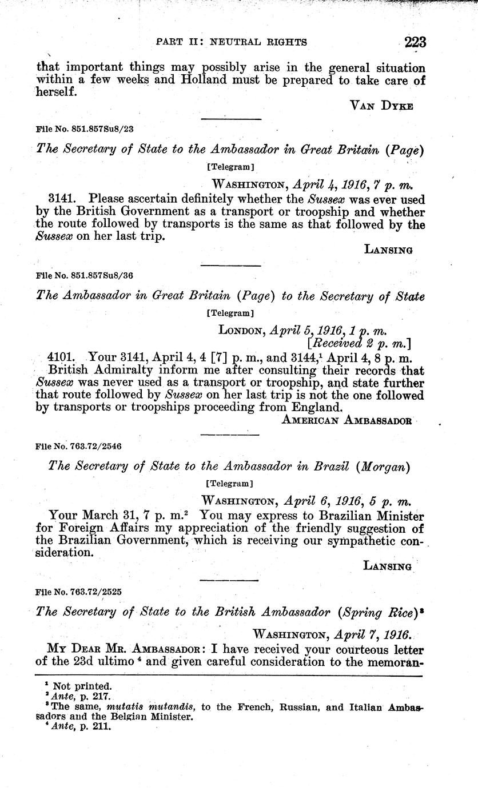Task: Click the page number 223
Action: tap(415, 42)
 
